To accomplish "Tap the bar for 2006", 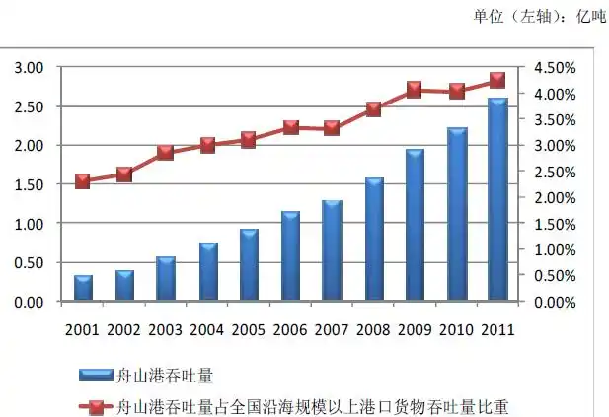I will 290,256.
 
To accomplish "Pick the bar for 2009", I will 415,226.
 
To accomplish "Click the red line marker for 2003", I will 166,152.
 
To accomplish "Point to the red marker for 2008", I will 373,108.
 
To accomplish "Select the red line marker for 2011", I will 497,80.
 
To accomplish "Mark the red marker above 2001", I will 83,180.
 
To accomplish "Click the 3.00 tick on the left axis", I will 29,67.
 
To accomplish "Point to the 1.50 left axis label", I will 29,184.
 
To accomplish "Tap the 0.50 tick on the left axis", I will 29,262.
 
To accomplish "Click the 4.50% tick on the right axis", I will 556,67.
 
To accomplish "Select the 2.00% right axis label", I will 556,197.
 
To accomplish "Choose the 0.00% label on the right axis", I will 556,302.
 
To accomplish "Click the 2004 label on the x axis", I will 207,330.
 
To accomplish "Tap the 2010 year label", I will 456,330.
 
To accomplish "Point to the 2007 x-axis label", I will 332,330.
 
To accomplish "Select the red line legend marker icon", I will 96,405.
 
